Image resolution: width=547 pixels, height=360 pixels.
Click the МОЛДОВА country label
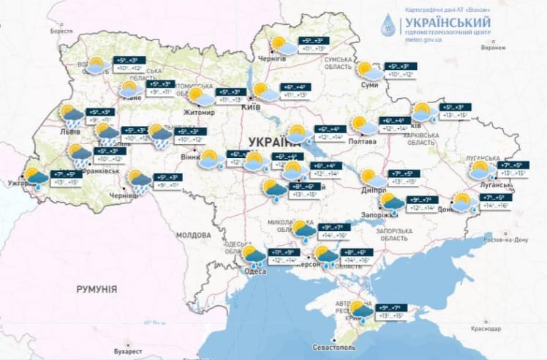[x=193, y=236]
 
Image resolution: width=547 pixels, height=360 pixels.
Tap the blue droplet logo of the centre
[x=388, y=26]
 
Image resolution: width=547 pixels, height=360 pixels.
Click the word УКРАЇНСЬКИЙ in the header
[x=445, y=21]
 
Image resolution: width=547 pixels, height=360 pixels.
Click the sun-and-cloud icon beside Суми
[x=368, y=70]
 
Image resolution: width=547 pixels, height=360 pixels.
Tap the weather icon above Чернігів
[x=283, y=46]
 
